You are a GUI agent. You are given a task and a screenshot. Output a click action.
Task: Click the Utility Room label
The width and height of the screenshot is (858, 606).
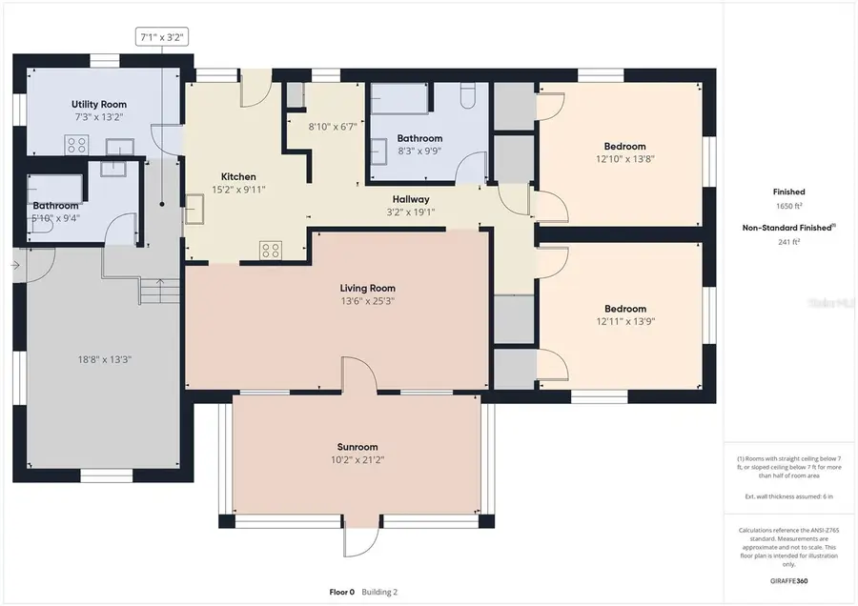pyautogui.click(x=99, y=104)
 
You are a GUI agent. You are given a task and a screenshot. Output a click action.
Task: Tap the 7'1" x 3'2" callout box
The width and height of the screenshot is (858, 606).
pyautogui.click(x=161, y=38)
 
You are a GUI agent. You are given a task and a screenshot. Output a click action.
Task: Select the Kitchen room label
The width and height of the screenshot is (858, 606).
pyautogui.click(x=238, y=176)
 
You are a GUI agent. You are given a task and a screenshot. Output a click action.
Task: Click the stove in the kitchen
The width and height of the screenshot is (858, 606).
pyautogui.click(x=271, y=250)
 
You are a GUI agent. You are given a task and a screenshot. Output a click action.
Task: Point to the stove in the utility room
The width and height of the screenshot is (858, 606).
pyautogui.click(x=76, y=146)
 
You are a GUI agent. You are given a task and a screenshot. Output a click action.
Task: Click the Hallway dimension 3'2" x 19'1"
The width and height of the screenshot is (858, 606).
pyautogui.click(x=411, y=212)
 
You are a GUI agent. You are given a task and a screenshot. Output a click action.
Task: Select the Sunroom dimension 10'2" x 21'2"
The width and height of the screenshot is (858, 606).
pyautogui.click(x=357, y=459)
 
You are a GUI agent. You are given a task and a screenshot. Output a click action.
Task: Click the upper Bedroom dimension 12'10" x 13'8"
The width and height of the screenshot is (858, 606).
pyautogui.click(x=625, y=159)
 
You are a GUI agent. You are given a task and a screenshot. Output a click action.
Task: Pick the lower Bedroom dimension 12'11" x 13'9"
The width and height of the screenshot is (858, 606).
pyautogui.click(x=625, y=321)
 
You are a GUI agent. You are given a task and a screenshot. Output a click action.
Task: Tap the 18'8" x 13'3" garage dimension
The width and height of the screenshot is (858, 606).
pyautogui.click(x=105, y=359)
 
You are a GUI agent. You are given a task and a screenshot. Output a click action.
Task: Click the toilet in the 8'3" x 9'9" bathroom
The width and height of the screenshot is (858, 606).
pyautogui.click(x=466, y=97)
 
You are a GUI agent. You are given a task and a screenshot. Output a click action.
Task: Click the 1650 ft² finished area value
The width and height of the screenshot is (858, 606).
pyautogui.click(x=788, y=206)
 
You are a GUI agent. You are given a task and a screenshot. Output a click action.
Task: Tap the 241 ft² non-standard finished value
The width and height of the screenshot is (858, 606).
pyautogui.click(x=788, y=241)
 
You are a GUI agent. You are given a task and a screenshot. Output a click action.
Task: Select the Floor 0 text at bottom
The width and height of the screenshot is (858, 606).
pyautogui.click(x=341, y=592)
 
